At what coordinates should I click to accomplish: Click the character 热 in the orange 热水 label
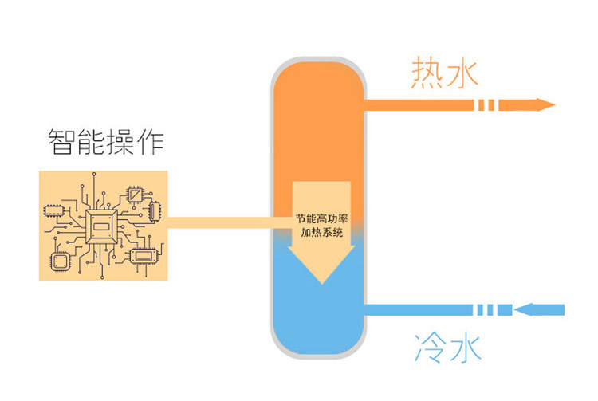[x=427, y=73]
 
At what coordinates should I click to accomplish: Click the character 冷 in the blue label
[x=429, y=348]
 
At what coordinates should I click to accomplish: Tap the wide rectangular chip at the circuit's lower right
[x=144, y=256]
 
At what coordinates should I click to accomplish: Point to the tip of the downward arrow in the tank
[x=321, y=281]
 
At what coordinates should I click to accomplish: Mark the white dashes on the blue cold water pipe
[x=488, y=309]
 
